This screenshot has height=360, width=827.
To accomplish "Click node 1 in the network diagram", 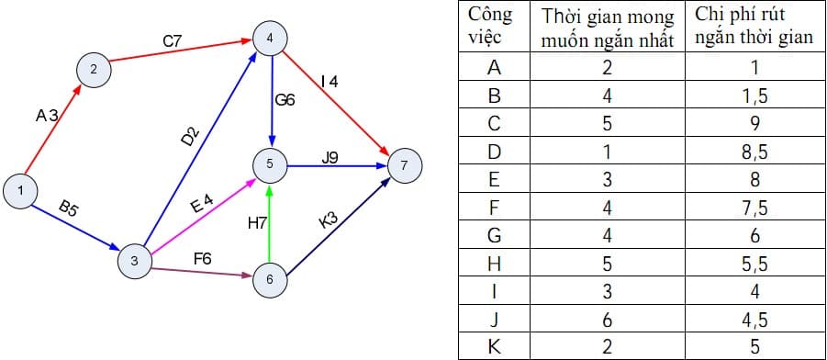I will (20, 190).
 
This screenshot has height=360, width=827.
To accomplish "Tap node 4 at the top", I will (270, 39).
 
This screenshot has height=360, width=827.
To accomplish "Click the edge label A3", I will (47, 115).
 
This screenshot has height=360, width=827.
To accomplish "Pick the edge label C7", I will (173, 41).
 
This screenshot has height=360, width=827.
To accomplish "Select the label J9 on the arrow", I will (330, 157).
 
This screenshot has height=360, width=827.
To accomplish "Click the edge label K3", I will (328, 221).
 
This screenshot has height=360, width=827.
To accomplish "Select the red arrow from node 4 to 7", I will (340, 104).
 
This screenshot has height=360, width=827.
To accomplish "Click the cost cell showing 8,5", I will (754, 152).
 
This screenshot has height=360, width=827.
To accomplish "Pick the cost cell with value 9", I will (754, 123).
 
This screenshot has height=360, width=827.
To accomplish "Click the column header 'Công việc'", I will (490, 27).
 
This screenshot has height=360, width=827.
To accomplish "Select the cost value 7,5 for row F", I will (754, 208).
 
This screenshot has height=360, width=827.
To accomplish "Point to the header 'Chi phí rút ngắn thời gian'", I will (754, 27).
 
